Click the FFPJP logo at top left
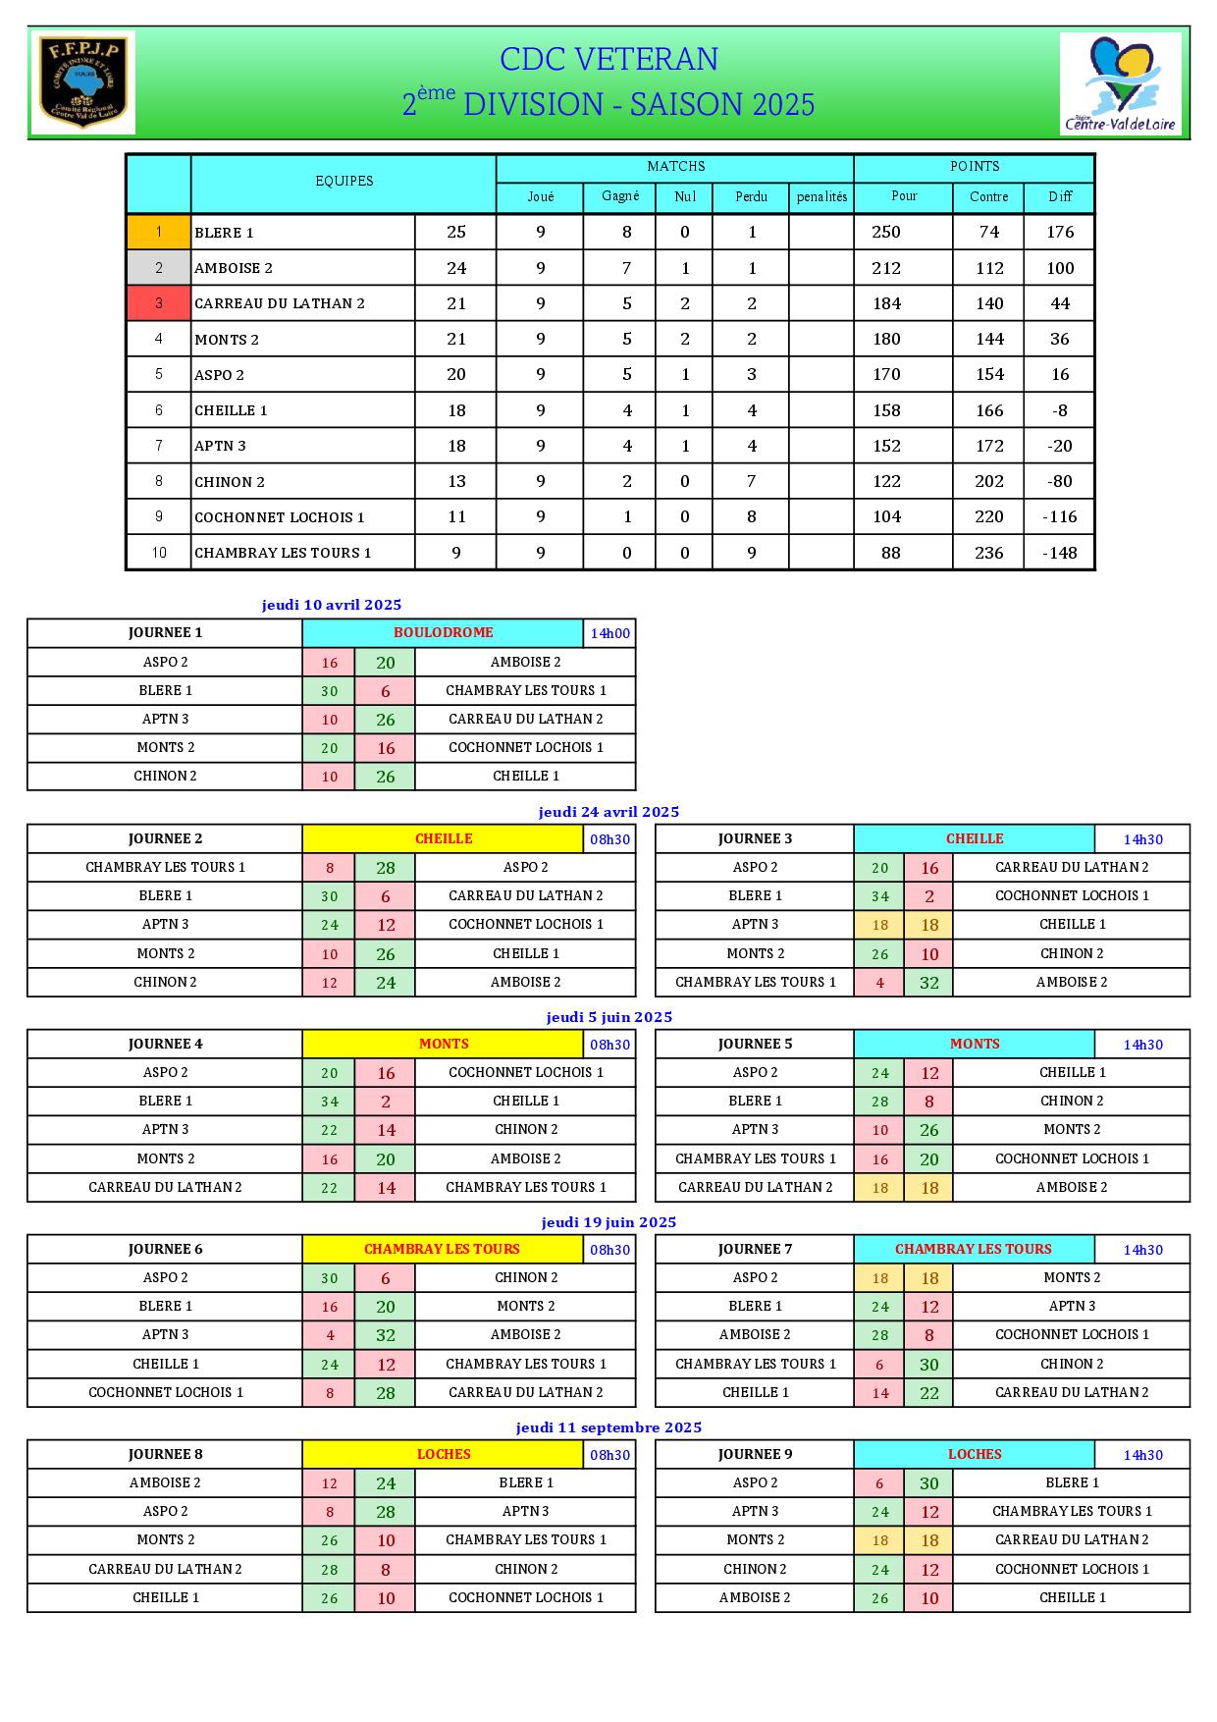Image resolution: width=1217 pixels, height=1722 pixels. point(82,82)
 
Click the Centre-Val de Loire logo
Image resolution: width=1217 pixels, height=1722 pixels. point(1121,82)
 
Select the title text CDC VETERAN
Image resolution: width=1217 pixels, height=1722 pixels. point(608,60)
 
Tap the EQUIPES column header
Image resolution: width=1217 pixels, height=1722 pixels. point(344,182)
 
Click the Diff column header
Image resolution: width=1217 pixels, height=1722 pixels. point(1060,196)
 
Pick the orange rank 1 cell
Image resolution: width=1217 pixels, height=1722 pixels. point(158,233)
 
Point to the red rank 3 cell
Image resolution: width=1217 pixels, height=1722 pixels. point(158,303)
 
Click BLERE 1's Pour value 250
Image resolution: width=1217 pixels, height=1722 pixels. point(886,233)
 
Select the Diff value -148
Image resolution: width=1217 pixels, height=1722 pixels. point(1060,553)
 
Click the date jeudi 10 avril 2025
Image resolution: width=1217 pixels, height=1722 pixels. point(332,605)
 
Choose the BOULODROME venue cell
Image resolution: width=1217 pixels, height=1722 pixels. point(443,633)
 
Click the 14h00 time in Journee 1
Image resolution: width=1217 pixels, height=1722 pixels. point(609,633)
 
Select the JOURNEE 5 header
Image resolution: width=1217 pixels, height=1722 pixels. point(755,1044)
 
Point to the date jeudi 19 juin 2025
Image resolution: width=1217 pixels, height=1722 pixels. point(608,1222)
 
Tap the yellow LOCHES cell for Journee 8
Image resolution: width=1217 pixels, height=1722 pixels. point(443,1454)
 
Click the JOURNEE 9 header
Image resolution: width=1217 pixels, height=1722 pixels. point(755,1454)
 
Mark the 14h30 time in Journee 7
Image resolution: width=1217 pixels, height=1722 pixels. point(1142,1250)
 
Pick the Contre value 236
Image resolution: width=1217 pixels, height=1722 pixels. point(988,553)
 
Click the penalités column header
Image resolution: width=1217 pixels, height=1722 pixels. point(821,196)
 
